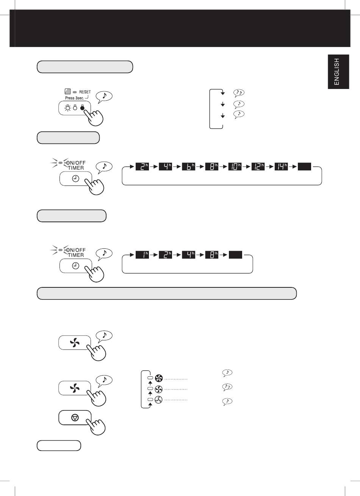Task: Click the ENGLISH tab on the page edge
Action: (338, 72)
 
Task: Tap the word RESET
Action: (85, 92)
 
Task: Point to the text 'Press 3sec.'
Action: (75, 98)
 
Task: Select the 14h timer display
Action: (281, 167)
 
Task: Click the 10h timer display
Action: (235, 167)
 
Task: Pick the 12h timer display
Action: (258, 167)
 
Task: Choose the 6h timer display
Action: (188, 167)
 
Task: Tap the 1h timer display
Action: (142, 255)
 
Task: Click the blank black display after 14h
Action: (304, 167)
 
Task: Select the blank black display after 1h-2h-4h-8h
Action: (235, 255)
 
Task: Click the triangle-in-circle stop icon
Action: (75, 418)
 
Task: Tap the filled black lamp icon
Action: (82, 108)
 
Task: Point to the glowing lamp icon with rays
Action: (67, 108)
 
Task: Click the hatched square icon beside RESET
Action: (67, 91)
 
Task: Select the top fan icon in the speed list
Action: (159, 378)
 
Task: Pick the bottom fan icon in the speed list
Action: (158, 400)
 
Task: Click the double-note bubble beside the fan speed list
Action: (227, 387)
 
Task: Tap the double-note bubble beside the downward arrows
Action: (239, 93)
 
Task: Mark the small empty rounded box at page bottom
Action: (59, 446)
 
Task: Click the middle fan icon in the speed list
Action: (158, 389)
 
